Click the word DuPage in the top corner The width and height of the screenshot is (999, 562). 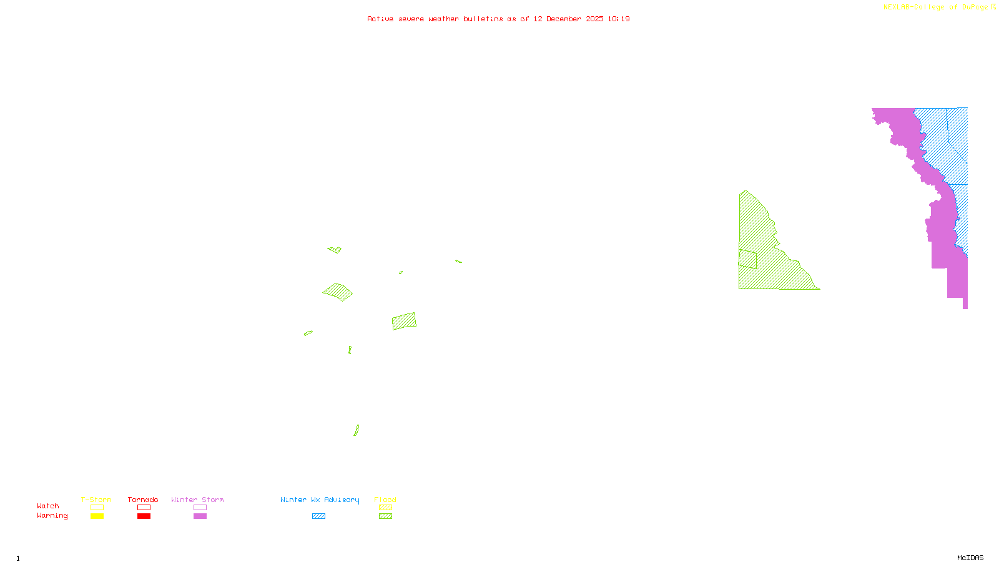tap(975, 7)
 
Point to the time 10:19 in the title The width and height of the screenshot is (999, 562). tap(618, 19)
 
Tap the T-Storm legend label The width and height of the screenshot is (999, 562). tap(96, 500)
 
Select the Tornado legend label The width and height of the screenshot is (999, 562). tap(143, 500)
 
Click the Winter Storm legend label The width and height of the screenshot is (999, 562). tap(197, 500)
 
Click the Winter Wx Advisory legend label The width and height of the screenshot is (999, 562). tap(320, 500)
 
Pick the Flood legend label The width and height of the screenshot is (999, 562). tap(385, 500)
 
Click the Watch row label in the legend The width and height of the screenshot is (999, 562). tap(48, 506)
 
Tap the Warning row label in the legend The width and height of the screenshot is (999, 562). tap(52, 516)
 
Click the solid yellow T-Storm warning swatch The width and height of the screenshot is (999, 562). tap(97, 516)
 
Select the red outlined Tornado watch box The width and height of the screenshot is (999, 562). tap(144, 508)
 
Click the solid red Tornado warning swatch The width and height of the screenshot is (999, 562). tap(144, 516)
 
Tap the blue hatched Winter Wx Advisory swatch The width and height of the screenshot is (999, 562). tap(318, 516)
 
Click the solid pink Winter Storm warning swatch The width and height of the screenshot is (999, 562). tap(200, 516)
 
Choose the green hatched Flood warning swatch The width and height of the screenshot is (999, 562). tap(386, 516)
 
